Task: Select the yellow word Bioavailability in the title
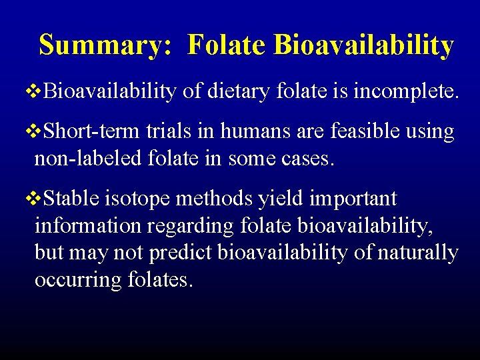(x=364, y=45)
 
